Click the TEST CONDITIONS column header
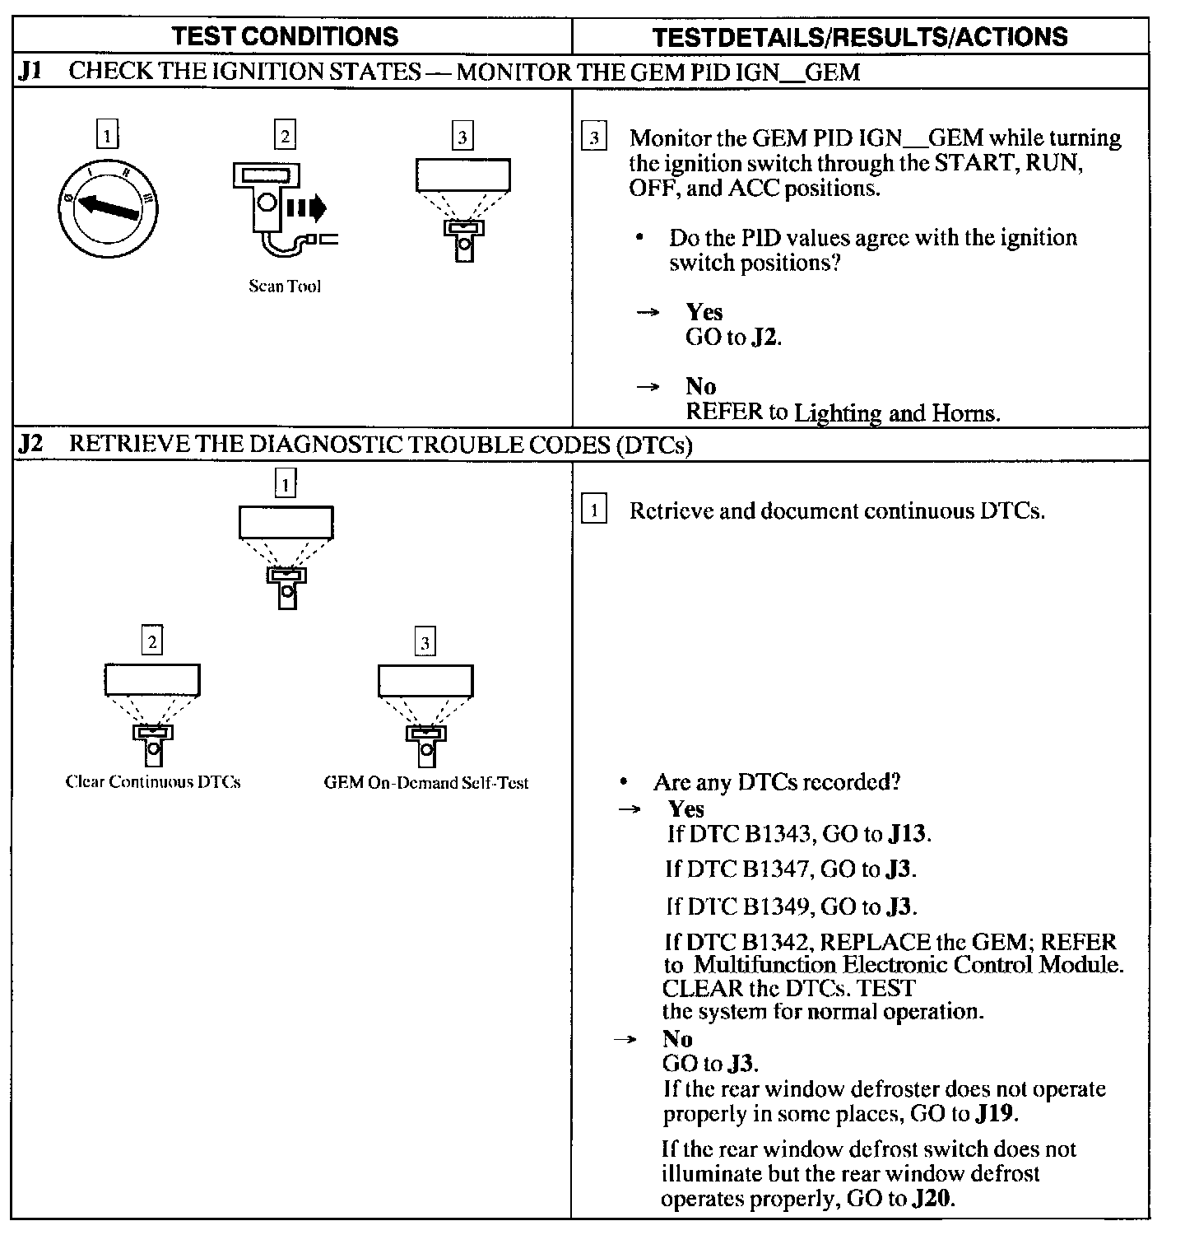[286, 36]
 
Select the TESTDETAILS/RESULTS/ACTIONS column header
[860, 37]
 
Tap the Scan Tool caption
[285, 287]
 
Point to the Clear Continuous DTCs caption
[153, 782]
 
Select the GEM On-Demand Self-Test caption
[425, 783]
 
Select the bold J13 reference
[908, 834]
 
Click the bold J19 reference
[994, 1115]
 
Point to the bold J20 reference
[932, 1199]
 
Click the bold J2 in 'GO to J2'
[764, 338]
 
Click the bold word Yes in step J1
[704, 312]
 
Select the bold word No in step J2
[677, 1039]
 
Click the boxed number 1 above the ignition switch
[107, 134]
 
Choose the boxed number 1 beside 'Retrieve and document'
[593, 511]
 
